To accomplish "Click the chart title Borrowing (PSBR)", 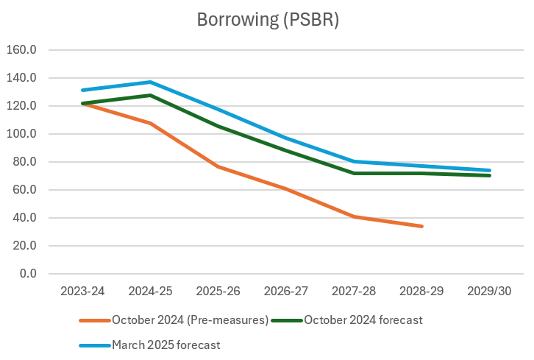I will click(268, 20).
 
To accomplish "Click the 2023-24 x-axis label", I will click(82, 292).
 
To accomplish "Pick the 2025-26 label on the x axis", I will click(218, 292).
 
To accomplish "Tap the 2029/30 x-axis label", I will click(490, 292).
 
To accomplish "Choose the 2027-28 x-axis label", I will click(354, 292).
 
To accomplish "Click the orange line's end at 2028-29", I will click(422, 226).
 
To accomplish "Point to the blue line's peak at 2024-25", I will click(150, 82).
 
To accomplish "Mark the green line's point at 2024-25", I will click(150, 95).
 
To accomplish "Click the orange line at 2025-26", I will click(218, 167).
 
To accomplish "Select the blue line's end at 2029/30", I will click(490, 170).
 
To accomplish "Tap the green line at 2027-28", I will click(354, 173).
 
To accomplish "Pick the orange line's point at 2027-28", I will click(354, 216).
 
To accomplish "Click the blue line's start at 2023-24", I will click(82, 91).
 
